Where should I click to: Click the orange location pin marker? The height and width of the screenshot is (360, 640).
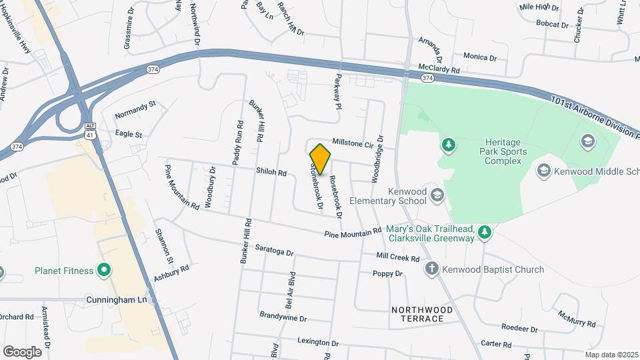point(320,159)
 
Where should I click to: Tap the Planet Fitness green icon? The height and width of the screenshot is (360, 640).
point(103,271)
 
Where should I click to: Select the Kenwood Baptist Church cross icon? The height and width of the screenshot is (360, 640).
point(431,269)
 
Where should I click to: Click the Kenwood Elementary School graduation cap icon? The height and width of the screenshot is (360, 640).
point(437,195)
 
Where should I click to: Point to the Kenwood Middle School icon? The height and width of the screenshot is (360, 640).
point(544,171)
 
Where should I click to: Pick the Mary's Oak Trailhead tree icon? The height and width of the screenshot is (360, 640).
point(485,231)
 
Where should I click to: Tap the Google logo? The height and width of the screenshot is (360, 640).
point(22,351)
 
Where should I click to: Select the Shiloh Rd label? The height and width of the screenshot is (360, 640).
point(271,172)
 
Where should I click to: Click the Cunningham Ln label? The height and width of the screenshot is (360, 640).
point(116,301)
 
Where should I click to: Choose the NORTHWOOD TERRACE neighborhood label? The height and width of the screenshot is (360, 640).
point(422,314)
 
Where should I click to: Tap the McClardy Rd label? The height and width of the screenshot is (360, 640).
point(439,69)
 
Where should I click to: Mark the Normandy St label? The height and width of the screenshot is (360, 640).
point(135,105)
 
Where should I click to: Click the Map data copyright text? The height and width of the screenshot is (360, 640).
point(611,355)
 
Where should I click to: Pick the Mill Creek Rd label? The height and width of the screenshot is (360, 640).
point(397,258)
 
